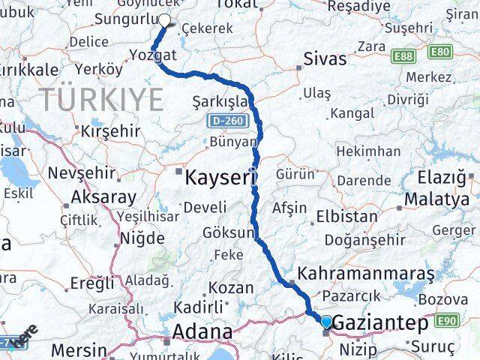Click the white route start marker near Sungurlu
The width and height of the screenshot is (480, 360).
(x=165, y=21)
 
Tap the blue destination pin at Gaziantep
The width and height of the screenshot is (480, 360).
(x=326, y=322)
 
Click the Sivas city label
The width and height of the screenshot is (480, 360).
(x=325, y=60)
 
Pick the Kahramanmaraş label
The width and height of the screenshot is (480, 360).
(x=366, y=274)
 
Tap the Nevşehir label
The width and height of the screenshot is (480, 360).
(x=81, y=173)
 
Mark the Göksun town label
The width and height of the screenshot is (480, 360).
(x=228, y=233)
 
